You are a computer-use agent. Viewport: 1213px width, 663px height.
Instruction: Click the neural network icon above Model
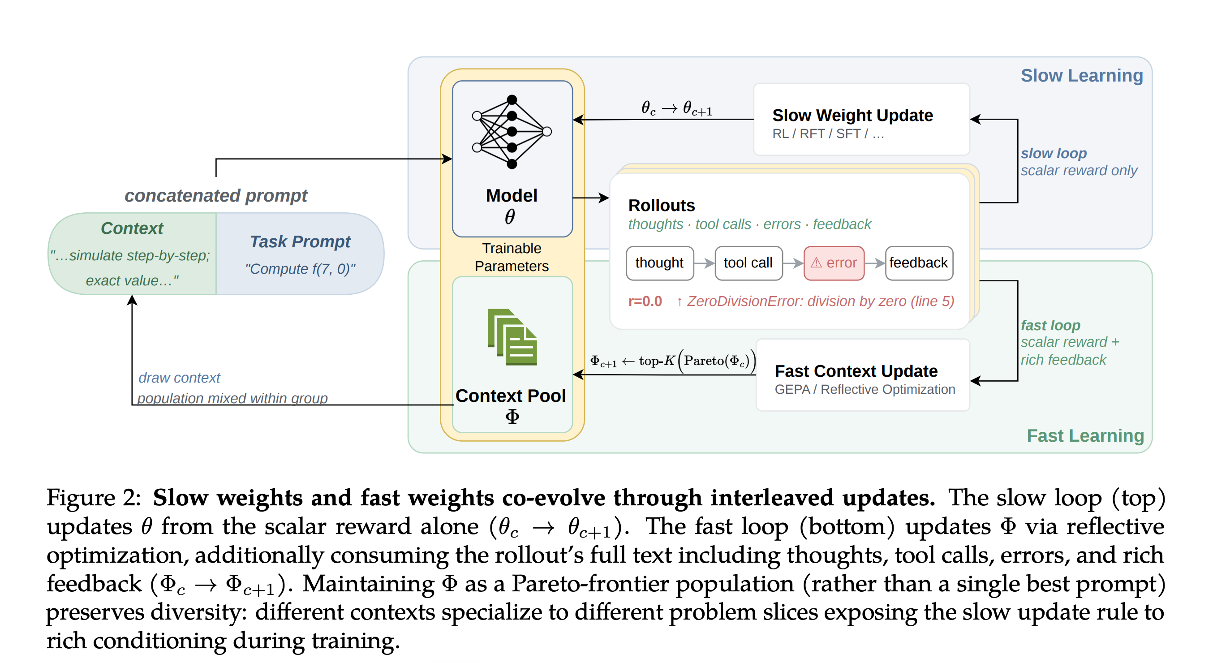click(512, 132)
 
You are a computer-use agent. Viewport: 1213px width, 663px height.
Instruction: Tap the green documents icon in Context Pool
click(512, 337)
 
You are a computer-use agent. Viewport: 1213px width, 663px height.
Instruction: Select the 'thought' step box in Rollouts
click(660, 263)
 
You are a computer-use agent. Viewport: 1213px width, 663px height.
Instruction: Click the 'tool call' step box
click(748, 263)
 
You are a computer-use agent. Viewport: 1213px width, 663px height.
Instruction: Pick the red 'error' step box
click(834, 263)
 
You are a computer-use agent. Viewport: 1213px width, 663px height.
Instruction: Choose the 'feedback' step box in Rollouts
click(919, 263)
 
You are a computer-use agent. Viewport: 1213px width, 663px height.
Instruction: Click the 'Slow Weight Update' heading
click(853, 116)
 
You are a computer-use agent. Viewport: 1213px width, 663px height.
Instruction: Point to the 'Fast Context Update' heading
click(856, 371)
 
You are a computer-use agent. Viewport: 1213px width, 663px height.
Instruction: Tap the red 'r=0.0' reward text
click(645, 301)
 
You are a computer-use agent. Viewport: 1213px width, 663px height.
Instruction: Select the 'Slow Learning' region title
click(1082, 76)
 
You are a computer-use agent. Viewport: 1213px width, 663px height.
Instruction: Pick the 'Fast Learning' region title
click(1085, 436)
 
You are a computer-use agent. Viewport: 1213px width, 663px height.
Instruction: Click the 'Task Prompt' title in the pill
click(301, 241)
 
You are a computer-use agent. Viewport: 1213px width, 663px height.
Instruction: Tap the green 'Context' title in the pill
click(132, 228)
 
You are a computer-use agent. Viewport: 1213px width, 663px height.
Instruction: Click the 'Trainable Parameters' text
click(512, 257)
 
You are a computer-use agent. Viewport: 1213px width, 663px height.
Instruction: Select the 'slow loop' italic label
click(1054, 154)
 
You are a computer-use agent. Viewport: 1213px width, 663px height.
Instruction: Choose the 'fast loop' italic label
click(1050, 325)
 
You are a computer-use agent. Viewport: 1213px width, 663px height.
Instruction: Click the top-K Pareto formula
click(673, 361)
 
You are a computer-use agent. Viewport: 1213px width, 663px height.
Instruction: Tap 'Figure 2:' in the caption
click(94, 498)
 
